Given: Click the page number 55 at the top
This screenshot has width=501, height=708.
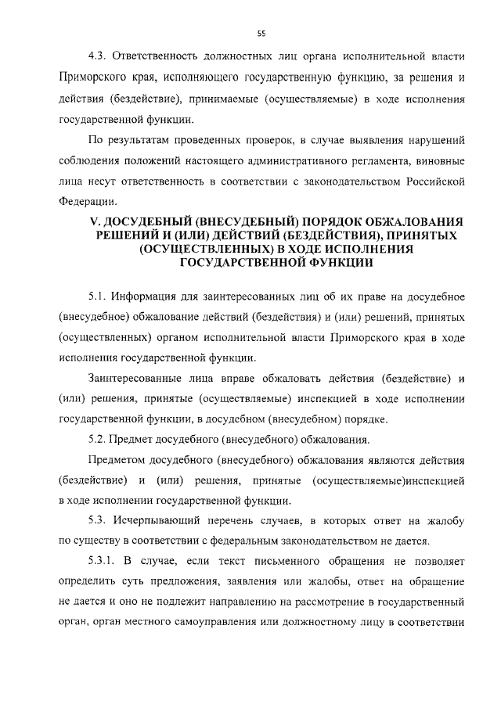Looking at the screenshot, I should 261,33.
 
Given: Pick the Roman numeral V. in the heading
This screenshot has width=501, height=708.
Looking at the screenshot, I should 97,222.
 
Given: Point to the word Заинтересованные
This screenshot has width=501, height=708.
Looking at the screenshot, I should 139,379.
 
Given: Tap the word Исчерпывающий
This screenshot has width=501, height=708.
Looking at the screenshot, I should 157,521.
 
